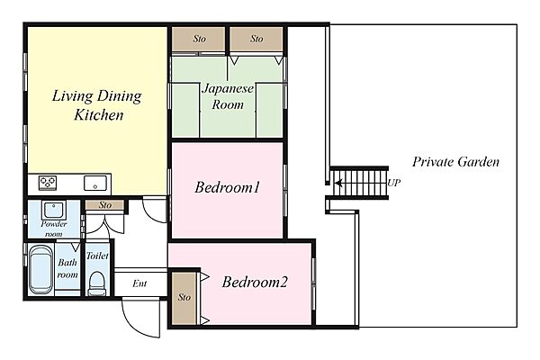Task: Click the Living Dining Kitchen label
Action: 97,105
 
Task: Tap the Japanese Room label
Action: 228,97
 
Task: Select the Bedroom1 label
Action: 228,187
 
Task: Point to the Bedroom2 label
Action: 255,282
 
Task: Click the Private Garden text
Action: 455,162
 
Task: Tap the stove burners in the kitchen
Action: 48,183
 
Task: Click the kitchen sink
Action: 95,183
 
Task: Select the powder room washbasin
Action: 54,210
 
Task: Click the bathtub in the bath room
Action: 40,269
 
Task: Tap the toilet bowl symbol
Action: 97,283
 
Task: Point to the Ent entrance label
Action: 139,283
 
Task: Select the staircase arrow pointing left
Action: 339,183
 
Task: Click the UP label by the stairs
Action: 394,183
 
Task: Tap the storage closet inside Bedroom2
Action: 184,298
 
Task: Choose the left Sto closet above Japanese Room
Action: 198,39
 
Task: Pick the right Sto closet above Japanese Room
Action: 256,39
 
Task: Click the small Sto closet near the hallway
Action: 104,205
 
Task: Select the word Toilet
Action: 97,256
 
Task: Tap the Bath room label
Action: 67,269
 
